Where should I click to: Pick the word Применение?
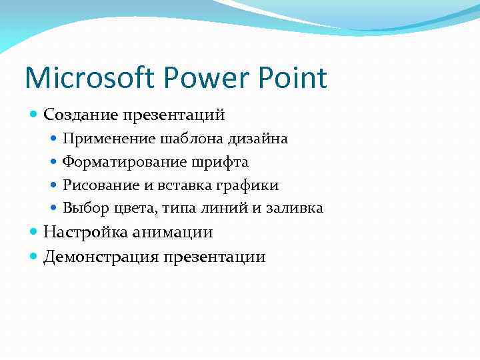click(109, 139)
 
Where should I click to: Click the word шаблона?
click(189, 139)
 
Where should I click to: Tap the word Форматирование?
click(125, 162)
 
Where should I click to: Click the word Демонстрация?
click(99, 257)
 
